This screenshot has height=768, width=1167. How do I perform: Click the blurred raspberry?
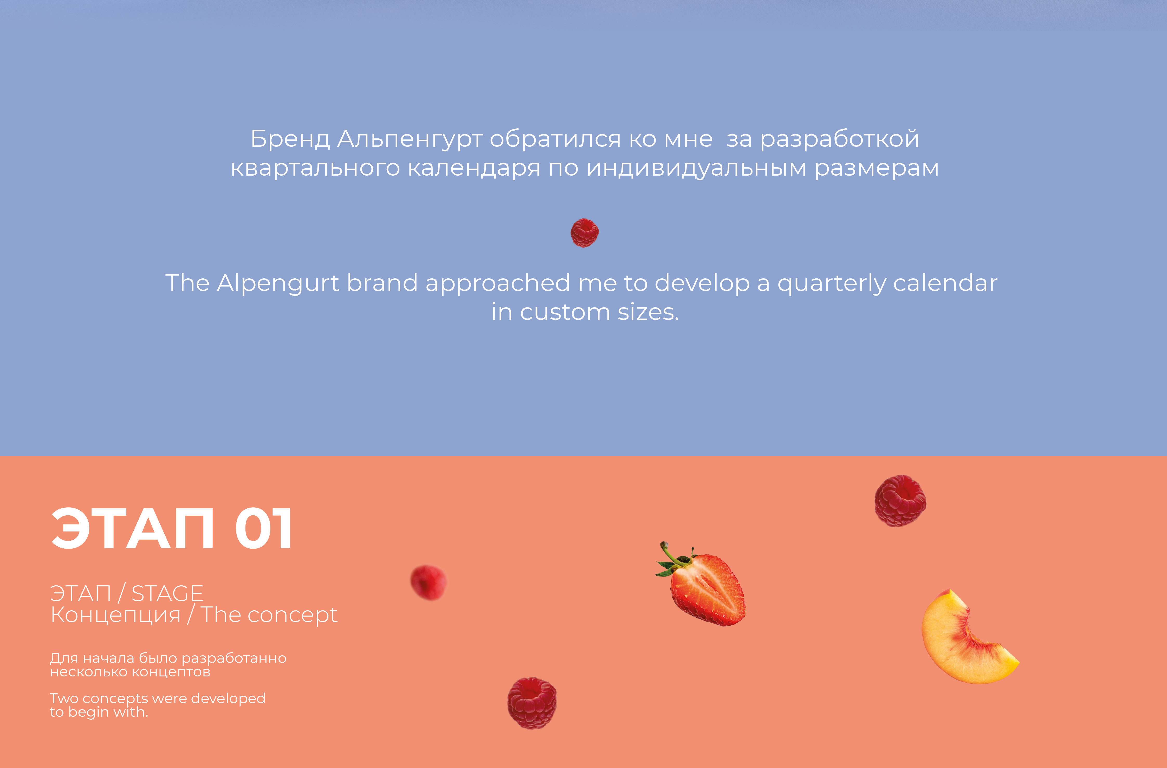pyautogui.click(x=428, y=583)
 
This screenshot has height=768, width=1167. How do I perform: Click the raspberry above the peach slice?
pyautogui.click(x=900, y=501)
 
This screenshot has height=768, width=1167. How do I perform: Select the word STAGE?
pyautogui.click(x=167, y=594)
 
